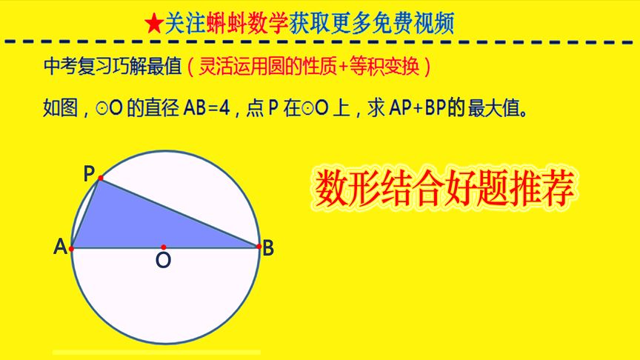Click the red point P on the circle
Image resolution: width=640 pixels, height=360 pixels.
point(101,179)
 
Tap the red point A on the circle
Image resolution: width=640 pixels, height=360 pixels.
point(72,249)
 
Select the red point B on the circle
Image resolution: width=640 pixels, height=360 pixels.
point(259,246)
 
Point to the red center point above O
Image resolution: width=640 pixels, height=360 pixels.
point(164,247)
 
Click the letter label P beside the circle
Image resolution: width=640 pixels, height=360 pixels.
point(89,173)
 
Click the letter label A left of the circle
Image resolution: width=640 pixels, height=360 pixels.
point(60,248)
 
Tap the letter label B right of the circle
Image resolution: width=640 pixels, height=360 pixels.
point(268,249)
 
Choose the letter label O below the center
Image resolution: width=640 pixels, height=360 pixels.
point(163,261)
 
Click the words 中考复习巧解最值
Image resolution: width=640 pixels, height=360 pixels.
point(113,67)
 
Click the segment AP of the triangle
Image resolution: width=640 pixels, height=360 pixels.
point(86,213)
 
